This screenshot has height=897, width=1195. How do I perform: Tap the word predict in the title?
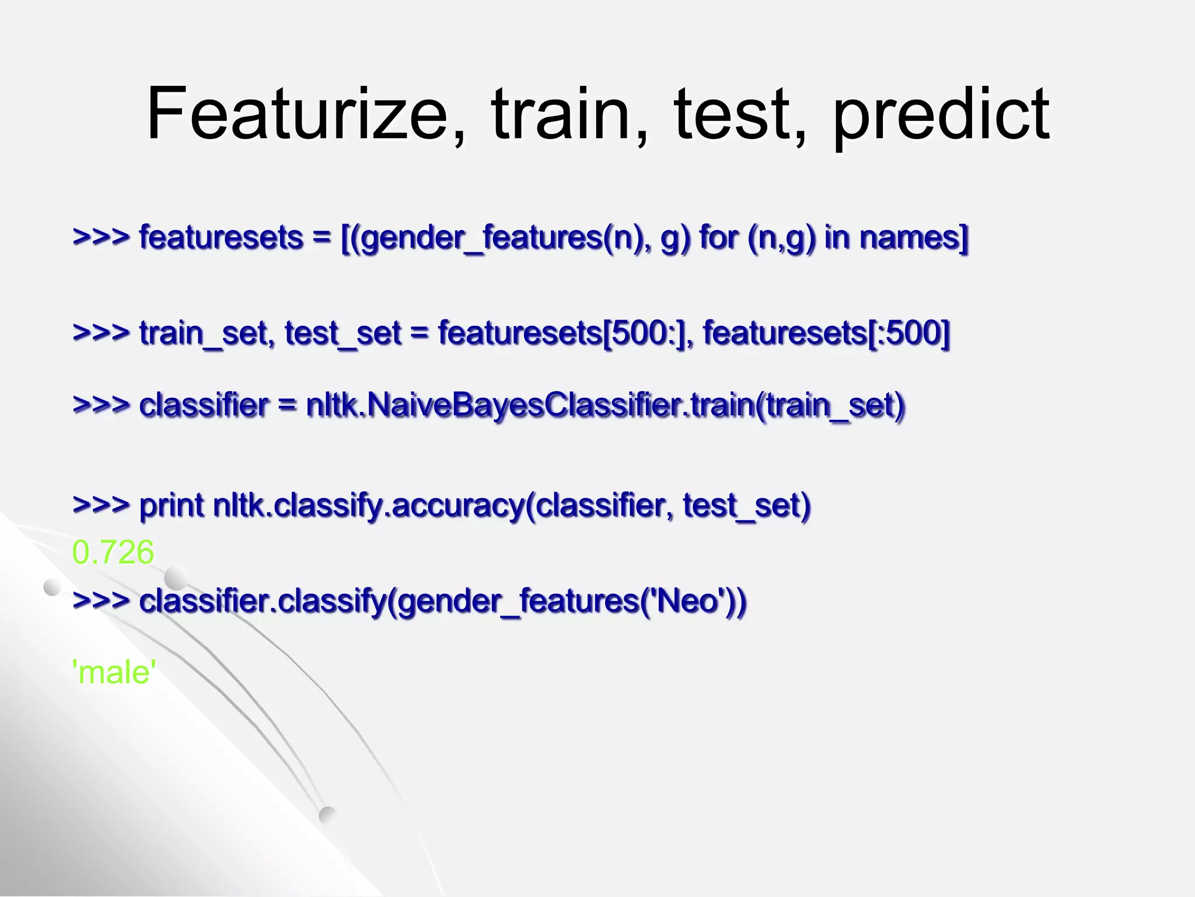(941, 115)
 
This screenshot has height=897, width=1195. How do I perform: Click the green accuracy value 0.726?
(113, 552)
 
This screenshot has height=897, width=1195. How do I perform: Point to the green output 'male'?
(114, 672)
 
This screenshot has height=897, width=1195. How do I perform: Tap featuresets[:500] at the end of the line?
(826, 333)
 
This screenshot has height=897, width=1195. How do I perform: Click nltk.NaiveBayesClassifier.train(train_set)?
(605, 405)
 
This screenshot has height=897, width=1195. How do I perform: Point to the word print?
(172, 505)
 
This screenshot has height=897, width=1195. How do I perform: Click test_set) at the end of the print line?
(746, 505)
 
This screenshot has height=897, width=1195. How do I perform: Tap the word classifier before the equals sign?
(204, 405)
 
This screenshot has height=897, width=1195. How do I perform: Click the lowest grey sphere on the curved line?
(327, 815)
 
